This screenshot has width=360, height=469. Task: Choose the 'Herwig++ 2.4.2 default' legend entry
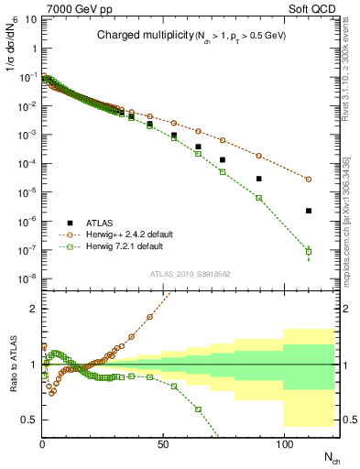pyautogui.click(x=127, y=234)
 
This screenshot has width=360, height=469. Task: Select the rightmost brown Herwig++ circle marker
pyautogui.click(x=309, y=180)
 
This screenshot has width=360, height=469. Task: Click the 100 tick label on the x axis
pyautogui.click(x=284, y=444)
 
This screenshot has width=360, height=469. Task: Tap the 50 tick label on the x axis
pyautogui.click(x=163, y=444)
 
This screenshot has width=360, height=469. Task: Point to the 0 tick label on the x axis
pyautogui.click(x=43, y=444)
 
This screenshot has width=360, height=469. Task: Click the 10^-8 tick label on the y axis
pyautogui.click(x=26, y=278)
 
